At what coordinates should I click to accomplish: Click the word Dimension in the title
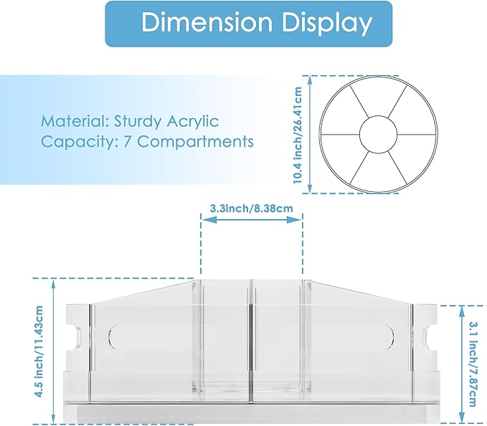(x=207, y=23)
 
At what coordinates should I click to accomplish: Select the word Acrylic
(x=192, y=122)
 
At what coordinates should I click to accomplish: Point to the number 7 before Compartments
(x=127, y=142)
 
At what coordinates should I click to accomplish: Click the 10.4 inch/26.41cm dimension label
(x=298, y=135)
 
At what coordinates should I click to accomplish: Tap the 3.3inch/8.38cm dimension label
(x=251, y=208)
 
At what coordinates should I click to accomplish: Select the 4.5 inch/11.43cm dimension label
(x=39, y=352)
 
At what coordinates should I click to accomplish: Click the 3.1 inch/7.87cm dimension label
(x=473, y=364)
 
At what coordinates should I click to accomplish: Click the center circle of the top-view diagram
(x=378, y=135)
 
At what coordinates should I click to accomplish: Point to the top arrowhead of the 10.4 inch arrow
(x=310, y=80)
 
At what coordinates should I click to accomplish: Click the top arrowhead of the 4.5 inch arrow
(x=54, y=284)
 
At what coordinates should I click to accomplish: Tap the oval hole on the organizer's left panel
(x=112, y=336)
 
